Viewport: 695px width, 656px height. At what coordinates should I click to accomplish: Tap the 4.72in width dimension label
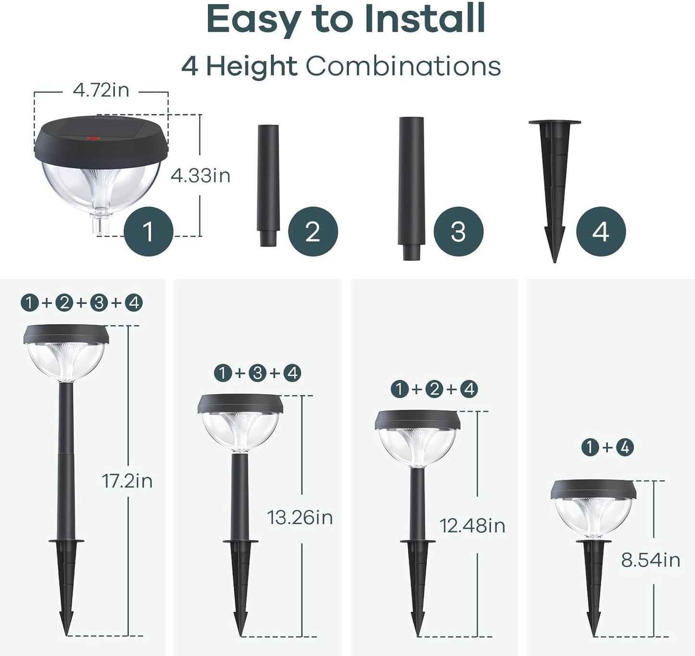pos(101,90)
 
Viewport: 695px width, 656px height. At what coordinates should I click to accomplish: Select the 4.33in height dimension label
pos(201,176)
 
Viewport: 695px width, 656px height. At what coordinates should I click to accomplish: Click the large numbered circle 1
pos(148,232)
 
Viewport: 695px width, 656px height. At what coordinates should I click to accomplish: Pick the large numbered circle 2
pos(313,232)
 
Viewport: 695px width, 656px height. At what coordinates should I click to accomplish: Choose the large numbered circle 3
pos(458,232)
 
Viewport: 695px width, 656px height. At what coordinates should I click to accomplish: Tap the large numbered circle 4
pos(601,232)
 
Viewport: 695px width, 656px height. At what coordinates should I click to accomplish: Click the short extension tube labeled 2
pos(268,185)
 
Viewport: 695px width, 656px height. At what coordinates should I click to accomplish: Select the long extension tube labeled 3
pos(411,188)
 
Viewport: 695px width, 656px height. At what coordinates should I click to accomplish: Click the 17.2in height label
pos(127,481)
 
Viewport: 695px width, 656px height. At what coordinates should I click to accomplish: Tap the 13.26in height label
pos(300,518)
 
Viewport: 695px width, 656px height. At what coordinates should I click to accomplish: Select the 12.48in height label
pos(472,526)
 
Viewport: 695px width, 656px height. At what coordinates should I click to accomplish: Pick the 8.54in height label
pos(650,560)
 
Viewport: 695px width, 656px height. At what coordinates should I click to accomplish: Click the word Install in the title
pos(424,19)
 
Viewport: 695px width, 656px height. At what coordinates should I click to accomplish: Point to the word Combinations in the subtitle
pos(403,66)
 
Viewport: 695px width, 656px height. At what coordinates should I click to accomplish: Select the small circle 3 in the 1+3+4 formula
pos(258,373)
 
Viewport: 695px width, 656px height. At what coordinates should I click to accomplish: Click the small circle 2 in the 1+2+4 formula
pos(434,389)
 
